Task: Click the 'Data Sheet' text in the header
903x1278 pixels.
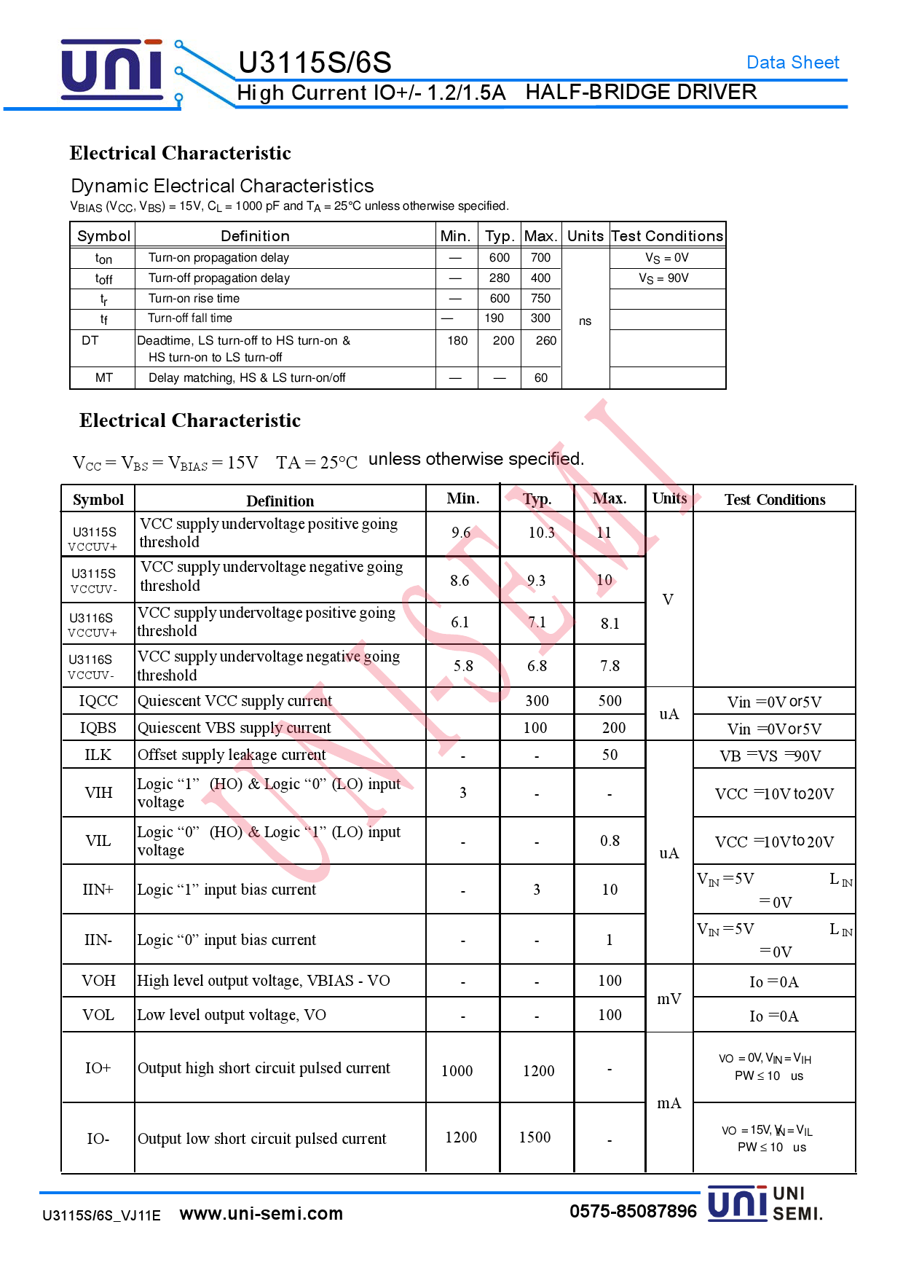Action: [792, 63]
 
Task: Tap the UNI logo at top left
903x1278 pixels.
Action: [111, 70]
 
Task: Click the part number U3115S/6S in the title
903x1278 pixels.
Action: [315, 63]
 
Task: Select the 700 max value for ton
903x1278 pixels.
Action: [540, 258]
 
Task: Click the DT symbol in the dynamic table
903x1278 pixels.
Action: [90, 341]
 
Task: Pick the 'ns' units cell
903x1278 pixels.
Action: [585, 321]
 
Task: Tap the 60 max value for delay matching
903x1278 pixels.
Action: [540, 378]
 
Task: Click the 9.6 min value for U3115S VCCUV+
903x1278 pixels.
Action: [461, 533]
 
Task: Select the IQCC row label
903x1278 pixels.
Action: [98, 701]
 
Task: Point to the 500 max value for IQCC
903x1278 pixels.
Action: [610, 701]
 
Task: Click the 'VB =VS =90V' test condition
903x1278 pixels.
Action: [770, 756]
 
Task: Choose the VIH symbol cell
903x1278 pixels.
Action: [98, 793]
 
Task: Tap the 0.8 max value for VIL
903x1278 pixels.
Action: [610, 842]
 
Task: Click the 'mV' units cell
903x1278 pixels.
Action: [669, 999]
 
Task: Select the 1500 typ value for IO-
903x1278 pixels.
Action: [535, 1138]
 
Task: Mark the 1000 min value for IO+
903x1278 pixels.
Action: [457, 1071]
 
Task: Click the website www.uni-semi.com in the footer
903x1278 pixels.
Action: [261, 1214]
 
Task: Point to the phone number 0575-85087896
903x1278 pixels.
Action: [633, 1212]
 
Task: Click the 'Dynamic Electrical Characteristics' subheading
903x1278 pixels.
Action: [222, 186]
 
